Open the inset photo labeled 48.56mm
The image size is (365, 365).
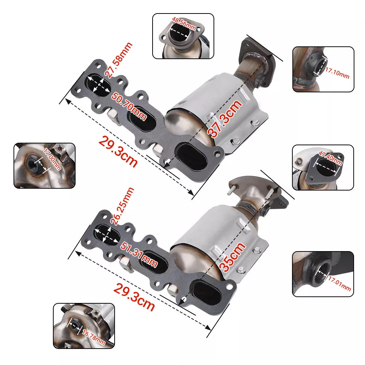(x=183, y=36)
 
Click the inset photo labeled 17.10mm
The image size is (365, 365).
(x=323, y=69)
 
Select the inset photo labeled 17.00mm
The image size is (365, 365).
(x=44, y=165)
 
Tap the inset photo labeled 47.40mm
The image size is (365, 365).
(x=323, y=167)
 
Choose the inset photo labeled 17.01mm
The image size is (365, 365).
(x=323, y=273)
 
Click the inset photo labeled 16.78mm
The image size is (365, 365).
(x=84, y=326)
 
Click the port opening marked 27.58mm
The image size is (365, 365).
(x=99, y=84)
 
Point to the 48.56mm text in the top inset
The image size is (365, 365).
(x=184, y=27)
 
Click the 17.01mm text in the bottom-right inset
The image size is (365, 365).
(x=339, y=283)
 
